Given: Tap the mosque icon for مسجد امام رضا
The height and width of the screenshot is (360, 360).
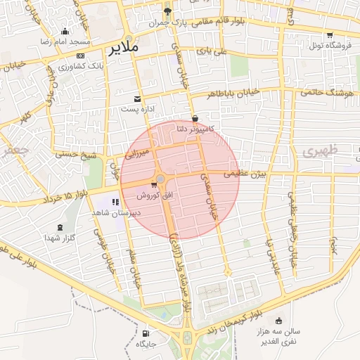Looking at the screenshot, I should (65, 31).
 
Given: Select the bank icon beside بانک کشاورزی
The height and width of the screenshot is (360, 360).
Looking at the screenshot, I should (80, 55).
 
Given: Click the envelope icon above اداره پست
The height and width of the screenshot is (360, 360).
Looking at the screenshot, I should (137, 98).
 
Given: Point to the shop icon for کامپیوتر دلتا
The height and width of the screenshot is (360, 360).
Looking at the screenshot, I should (194, 118).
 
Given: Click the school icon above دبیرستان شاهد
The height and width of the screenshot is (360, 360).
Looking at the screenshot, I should (115, 202).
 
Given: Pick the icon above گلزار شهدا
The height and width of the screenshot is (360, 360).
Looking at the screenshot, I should (60, 228).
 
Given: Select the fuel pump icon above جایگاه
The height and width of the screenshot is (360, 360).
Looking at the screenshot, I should (146, 333).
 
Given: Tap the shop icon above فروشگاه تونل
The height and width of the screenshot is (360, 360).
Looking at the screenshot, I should (329, 35).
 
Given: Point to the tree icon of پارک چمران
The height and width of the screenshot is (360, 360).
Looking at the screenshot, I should (167, 12).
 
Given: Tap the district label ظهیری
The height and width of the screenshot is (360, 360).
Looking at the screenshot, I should (321, 150).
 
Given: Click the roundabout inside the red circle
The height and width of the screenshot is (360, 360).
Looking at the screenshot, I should (162, 181).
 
